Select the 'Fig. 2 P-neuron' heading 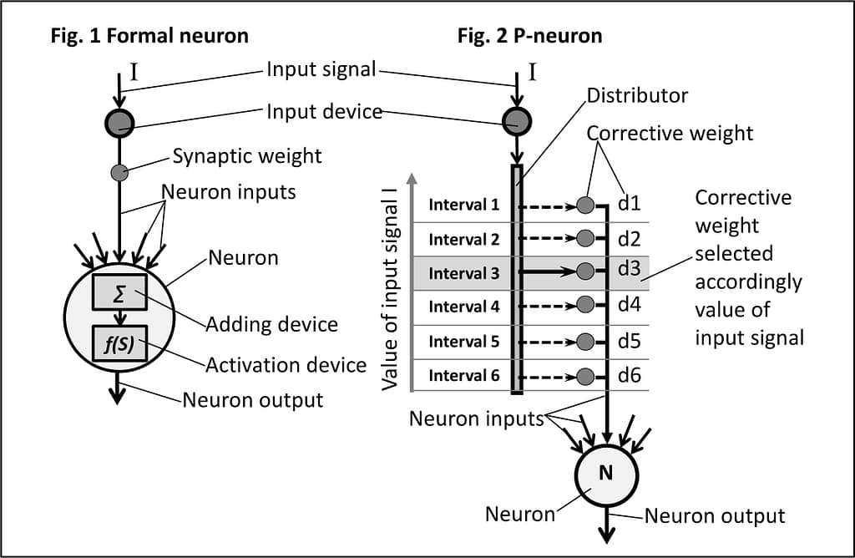(529, 36)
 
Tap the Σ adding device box (120, 292)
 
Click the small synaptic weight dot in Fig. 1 (120, 173)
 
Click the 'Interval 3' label (464, 272)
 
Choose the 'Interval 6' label (464, 375)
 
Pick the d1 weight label (630, 203)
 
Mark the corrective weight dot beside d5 (586, 341)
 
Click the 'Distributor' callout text (637, 95)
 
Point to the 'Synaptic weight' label (247, 155)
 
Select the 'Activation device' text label (286, 365)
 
